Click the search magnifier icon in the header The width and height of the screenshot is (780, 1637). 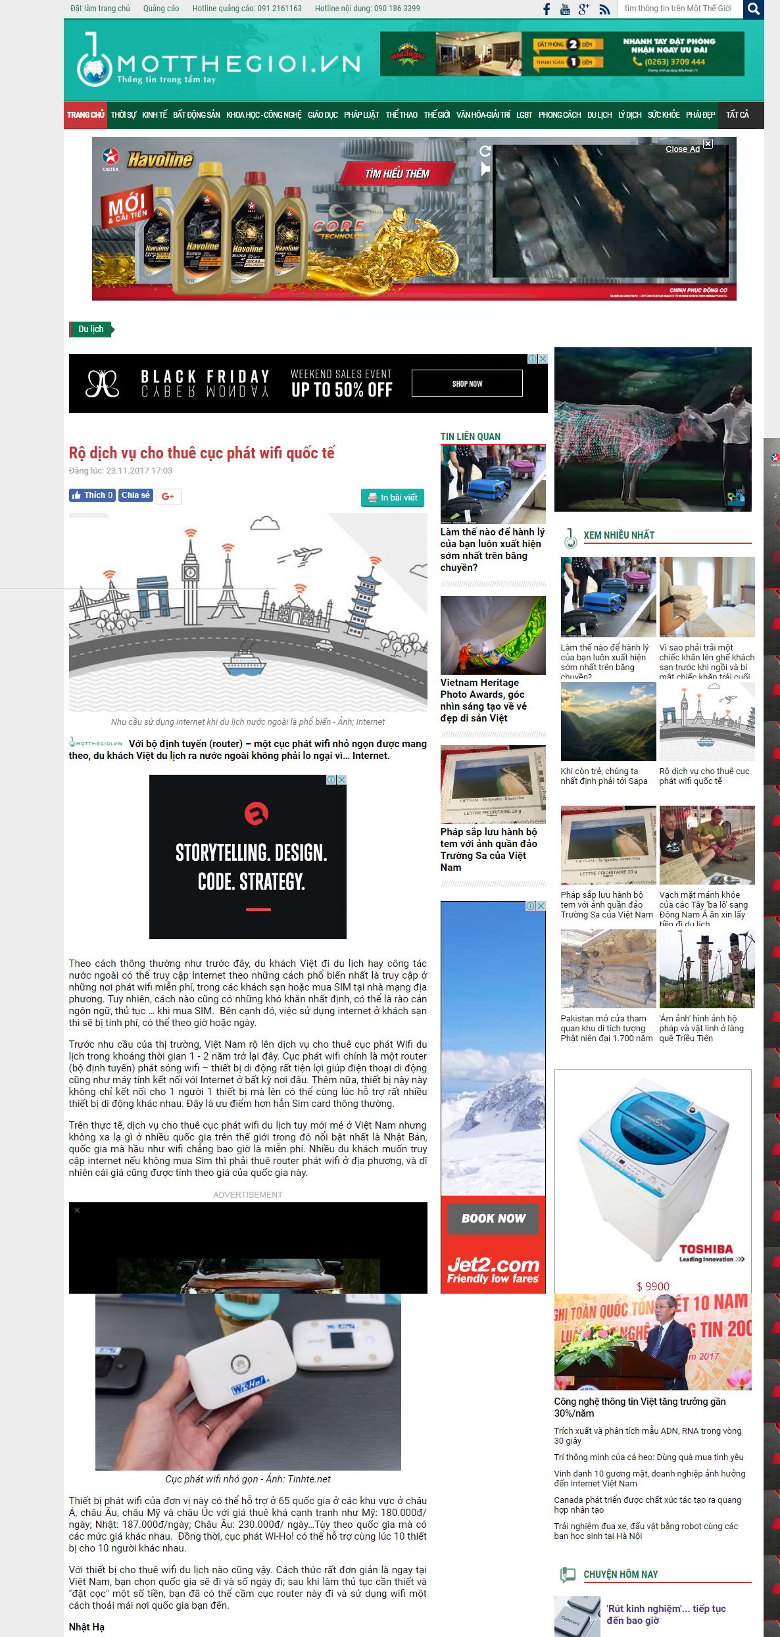click(x=754, y=9)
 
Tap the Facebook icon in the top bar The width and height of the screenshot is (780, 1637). click(x=546, y=9)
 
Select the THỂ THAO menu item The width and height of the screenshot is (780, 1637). click(x=401, y=115)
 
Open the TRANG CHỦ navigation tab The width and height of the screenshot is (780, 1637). click(x=85, y=115)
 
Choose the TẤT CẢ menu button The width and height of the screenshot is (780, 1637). click(x=737, y=115)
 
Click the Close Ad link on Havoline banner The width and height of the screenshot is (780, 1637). click(x=682, y=149)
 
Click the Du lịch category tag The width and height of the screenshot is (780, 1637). click(x=91, y=329)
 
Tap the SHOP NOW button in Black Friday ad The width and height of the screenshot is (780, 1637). click(x=467, y=383)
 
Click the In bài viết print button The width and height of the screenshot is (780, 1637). click(x=393, y=498)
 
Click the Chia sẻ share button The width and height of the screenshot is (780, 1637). click(x=135, y=495)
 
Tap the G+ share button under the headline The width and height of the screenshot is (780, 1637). click(x=168, y=496)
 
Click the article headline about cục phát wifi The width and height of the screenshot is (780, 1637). click(x=201, y=453)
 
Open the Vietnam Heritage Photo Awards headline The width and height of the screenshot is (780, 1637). click(x=483, y=700)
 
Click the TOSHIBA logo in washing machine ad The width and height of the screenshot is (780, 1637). click(x=706, y=1249)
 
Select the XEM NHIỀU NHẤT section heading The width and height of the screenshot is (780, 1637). click(x=619, y=535)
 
